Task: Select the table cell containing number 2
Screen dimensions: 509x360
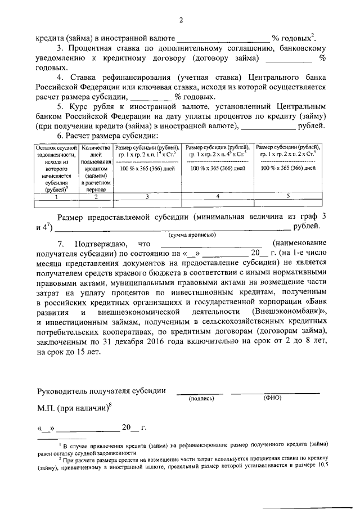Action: tap(96, 197)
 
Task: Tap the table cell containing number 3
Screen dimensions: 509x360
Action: tap(147, 197)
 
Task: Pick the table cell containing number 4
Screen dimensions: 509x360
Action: tap(218, 196)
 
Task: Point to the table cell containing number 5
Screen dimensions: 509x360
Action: tap(288, 196)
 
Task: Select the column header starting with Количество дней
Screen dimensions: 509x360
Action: tap(96, 167)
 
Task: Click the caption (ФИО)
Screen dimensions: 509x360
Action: tap(272, 398)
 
